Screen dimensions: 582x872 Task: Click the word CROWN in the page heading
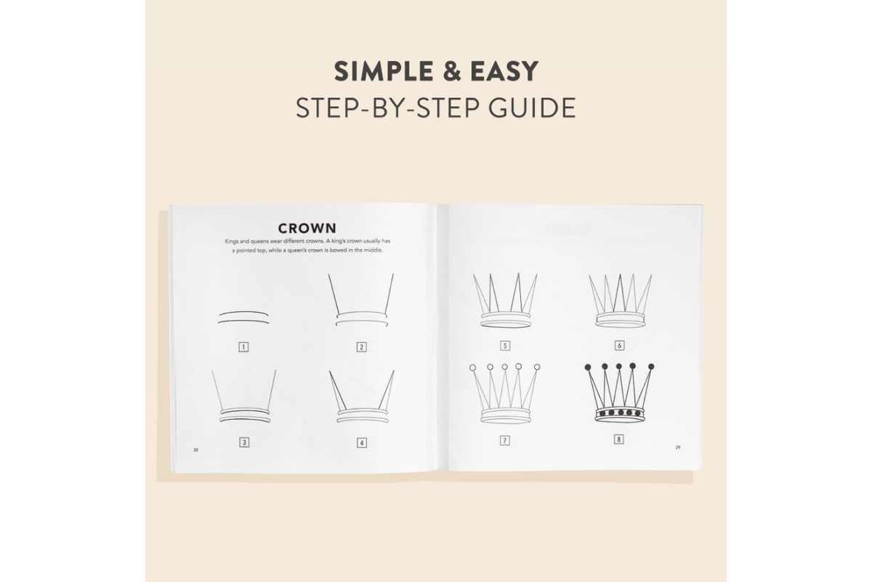307,228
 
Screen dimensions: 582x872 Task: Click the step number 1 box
243,347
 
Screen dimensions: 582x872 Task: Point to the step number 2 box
361,347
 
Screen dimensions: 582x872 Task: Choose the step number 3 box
244,442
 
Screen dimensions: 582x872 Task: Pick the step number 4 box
361,442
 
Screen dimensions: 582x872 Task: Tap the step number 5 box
505,345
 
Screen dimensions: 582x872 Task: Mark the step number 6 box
619,345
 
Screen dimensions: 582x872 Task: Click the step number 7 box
505,440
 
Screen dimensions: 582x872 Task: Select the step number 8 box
618,439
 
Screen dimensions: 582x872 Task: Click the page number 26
195,450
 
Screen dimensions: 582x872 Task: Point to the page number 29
678,447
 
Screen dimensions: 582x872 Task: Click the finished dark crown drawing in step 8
619,392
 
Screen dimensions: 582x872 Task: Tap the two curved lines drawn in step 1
243,318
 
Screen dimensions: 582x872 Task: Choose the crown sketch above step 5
505,301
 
